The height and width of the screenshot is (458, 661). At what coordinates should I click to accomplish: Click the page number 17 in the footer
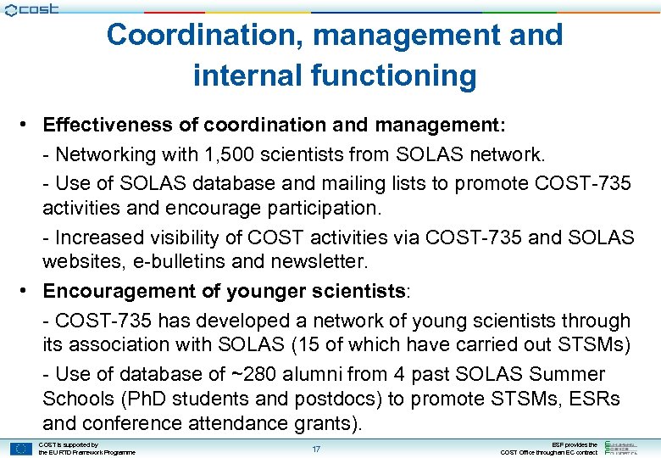coord(316,449)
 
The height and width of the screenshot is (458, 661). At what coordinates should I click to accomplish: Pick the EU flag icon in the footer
coord(20,449)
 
